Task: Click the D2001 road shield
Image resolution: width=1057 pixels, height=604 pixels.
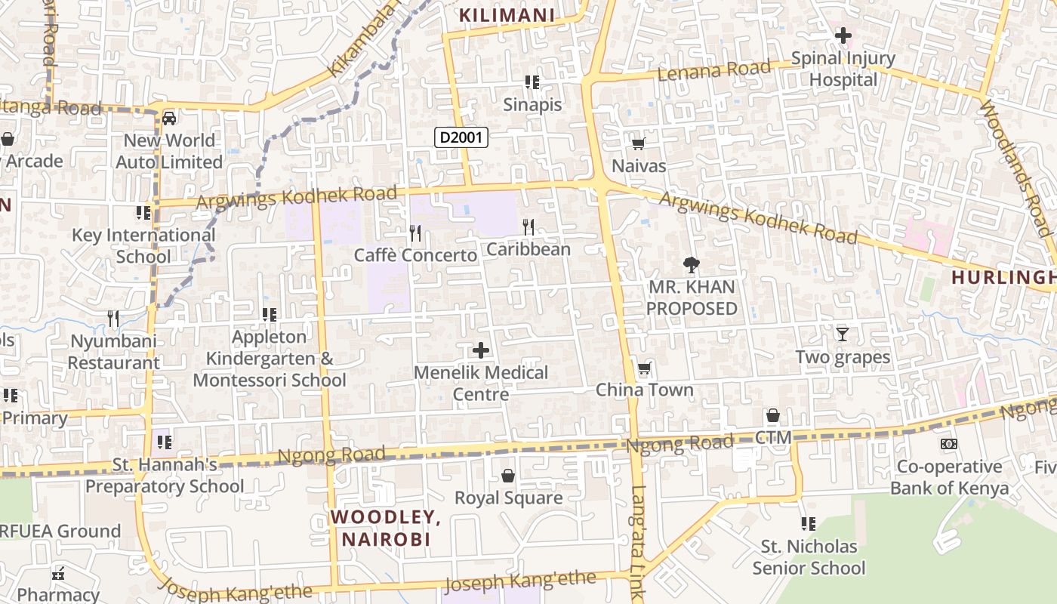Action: point(461,137)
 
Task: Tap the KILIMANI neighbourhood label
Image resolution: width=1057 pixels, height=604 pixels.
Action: point(507,14)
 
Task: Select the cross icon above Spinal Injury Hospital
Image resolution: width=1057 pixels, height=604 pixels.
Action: point(843,35)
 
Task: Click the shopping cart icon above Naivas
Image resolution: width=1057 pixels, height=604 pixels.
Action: point(638,143)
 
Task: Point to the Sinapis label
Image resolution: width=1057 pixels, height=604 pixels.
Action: point(533,104)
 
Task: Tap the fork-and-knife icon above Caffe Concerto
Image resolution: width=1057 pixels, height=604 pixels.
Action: point(414,233)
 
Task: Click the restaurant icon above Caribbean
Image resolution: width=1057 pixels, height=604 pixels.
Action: point(528,226)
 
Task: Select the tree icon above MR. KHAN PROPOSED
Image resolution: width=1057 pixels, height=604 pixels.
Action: point(691,265)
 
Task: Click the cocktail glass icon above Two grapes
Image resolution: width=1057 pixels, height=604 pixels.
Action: point(843,334)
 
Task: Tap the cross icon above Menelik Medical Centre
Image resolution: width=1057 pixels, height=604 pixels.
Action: point(480,350)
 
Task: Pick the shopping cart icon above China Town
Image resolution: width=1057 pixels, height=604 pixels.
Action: point(644,368)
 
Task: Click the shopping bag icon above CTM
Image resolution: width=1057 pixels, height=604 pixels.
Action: point(773,415)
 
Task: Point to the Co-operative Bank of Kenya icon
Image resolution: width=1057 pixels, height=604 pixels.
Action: point(949,444)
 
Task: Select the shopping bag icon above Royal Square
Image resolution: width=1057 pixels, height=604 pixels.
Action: point(508,476)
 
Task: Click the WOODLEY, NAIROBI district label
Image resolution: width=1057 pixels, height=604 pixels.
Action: point(386,528)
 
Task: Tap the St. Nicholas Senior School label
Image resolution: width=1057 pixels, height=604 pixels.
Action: point(809,556)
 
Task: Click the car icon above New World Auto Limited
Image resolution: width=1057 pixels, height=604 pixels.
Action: point(169,119)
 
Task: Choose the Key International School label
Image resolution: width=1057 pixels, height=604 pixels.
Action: point(143,245)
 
